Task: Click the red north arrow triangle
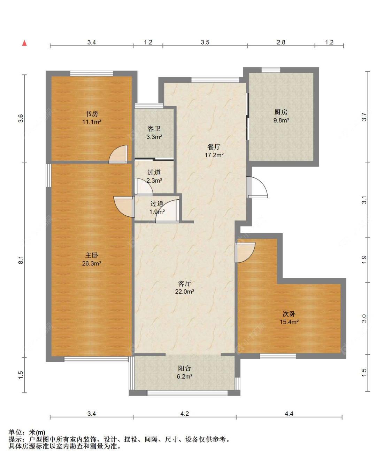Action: [24, 43]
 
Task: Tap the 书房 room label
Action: [92, 114]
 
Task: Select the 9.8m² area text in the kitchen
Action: [281, 120]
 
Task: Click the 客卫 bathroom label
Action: [154, 129]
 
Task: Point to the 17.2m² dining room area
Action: [214, 155]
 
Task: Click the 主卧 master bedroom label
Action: [92, 255]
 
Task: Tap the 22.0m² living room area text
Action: [185, 292]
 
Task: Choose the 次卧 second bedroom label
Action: [289, 314]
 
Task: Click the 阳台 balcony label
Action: [184, 368]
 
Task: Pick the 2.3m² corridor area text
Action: [154, 180]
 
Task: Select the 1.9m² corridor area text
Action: [157, 211]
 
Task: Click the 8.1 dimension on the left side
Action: [21, 260]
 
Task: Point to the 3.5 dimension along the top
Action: [205, 42]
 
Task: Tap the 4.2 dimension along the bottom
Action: [185, 414]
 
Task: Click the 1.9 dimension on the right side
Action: [364, 260]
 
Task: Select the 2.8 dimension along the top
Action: [281, 42]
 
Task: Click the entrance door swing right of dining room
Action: [257, 187]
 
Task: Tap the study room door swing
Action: [118, 154]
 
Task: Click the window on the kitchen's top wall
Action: [271, 70]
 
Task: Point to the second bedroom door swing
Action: [245, 253]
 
